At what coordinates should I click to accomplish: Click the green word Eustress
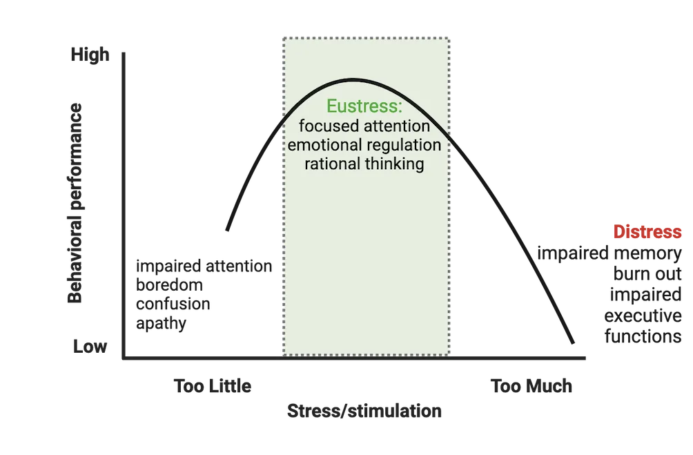[x=364, y=108]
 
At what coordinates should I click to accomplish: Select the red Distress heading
[x=648, y=232]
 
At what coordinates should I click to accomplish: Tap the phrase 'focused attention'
[x=364, y=127]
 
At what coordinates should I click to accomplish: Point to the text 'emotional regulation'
[x=364, y=146]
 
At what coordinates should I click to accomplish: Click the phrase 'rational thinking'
[x=364, y=164]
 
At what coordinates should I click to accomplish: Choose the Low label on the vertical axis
[x=90, y=346]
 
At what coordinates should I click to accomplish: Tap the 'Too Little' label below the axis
[x=211, y=385]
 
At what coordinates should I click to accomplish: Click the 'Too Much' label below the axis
[x=531, y=385]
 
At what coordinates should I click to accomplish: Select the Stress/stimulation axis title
[x=364, y=412]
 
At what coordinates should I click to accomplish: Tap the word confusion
[x=172, y=304]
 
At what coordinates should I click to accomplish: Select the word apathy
[x=160, y=322]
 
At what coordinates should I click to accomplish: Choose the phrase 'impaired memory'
[x=610, y=254]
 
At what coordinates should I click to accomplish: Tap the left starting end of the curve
[x=226, y=229]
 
